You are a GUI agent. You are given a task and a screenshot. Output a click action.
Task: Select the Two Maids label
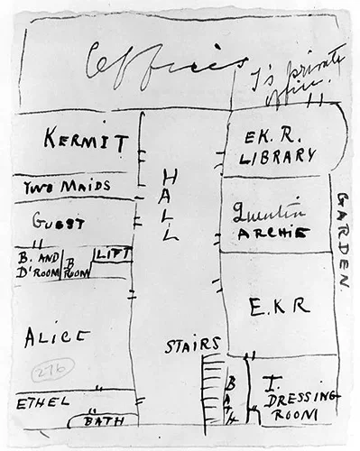[x=68, y=187]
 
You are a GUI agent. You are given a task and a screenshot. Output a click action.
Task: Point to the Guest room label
[x=59, y=222]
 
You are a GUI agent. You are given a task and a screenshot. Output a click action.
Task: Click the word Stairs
[x=192, y=345]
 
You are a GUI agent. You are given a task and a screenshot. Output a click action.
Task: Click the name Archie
[x=272, y=234]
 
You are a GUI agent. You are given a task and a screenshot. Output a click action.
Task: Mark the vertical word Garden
[x=344, y=239]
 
